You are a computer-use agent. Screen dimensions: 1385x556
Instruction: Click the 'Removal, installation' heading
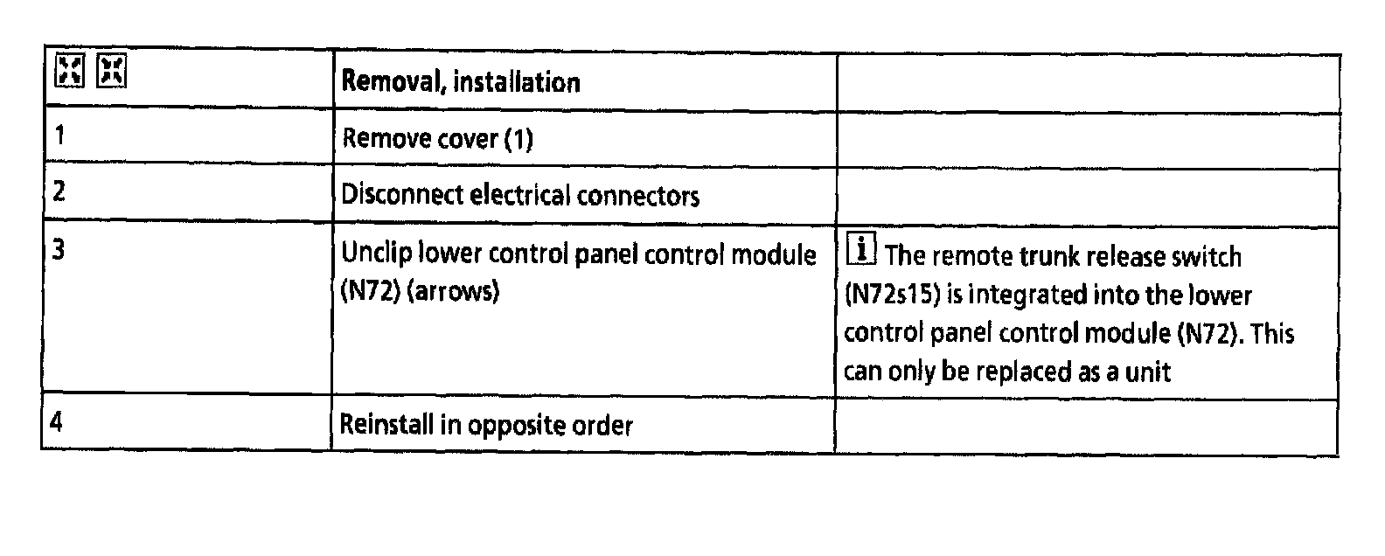pos(460,82)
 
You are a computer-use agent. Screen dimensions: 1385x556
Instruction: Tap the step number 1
pos(59,136)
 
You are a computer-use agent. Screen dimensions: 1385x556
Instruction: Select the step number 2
pos(59,191)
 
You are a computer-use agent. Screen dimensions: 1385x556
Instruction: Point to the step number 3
pos(59,250)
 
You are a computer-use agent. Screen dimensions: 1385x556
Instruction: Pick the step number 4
pos(57,422)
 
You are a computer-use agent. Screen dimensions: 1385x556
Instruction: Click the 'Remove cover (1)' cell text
pos(436,139)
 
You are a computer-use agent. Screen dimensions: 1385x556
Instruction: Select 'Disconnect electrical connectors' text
pos(519,195)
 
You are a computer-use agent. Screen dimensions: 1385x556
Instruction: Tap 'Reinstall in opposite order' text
pos(485,426)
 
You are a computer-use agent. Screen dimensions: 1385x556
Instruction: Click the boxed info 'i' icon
pos(861,252)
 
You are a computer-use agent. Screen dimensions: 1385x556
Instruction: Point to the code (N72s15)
pos(892,295)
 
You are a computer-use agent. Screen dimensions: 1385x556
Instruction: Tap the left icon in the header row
pos(69,71)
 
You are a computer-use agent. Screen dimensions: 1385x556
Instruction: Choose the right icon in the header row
pos(112,71)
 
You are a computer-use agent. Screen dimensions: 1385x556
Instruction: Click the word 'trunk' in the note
pos(1058,257)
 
